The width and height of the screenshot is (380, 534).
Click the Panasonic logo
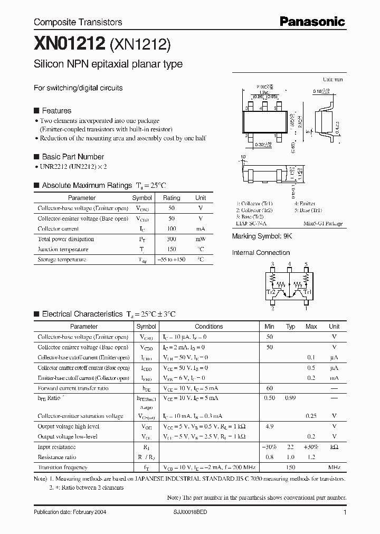pyautogui.click(x=312, y=21)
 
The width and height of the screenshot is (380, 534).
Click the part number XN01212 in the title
pyautogui.click(x=70, y=45)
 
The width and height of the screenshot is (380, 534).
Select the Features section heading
pyautogui.click(x=56, y=111)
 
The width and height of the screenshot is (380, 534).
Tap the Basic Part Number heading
pyautogui.click(x=72, y=157)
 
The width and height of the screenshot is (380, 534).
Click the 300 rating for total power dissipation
pyautogui.click(x=172, y=239)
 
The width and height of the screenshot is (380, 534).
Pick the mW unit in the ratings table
pyautogui.click(x=201, y=239)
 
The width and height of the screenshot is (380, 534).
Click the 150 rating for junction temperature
pyautogui.click(x=172, y=249)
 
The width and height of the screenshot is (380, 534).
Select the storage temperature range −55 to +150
pyautogui.click(x=172, y=260)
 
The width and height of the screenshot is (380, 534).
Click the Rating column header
pyautogui.click(x=172, y=198)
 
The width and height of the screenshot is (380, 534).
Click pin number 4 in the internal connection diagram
pyautogui.click(x=289, y=264)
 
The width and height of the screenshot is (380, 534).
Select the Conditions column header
pyautogui.click(x=209, y=327)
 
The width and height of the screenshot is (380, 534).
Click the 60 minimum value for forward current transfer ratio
pyautogui.click(x=269, y=388)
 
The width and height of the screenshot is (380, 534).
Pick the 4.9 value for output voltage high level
pyautogui.click(x=269, y=426)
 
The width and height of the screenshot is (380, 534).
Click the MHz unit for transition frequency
pyautogui.click(x=334, y=468)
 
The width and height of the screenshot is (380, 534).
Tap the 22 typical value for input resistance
pyautogui.click(x=290, y=447)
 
